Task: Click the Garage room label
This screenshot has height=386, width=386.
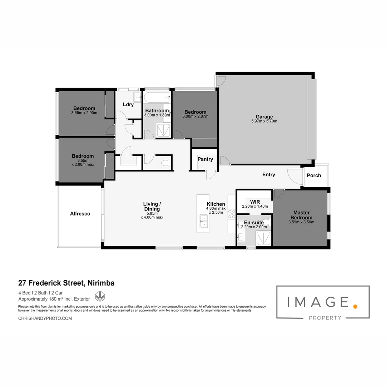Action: [x=264, y=117]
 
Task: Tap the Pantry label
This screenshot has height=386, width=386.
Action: [x=205, y=159]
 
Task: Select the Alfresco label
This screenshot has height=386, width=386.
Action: [x=80, y=214]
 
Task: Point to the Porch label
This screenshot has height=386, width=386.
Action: [x=314, y=175]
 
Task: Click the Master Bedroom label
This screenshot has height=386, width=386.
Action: [x=301, y=215]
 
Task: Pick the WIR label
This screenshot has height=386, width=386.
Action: [x=255, y=202]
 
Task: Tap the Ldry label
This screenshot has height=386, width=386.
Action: [x=128, y=105]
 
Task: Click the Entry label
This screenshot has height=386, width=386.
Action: [x=269, y=174]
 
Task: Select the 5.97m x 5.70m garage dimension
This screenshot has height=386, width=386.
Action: [x=264, y=121]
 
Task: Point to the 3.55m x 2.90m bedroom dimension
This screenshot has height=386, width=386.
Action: [x=84, y=113]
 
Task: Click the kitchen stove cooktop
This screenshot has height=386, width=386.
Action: [x=232, y=214]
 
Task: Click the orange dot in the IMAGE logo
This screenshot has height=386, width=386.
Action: [x=355, y=306]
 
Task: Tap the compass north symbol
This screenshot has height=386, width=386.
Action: [x=100, y=296]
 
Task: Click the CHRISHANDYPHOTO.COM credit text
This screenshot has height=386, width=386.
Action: [x=45, y=318]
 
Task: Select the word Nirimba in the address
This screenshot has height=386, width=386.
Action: [x=101, y=283]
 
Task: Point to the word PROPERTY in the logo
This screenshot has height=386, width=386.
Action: [x=325, y=318]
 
